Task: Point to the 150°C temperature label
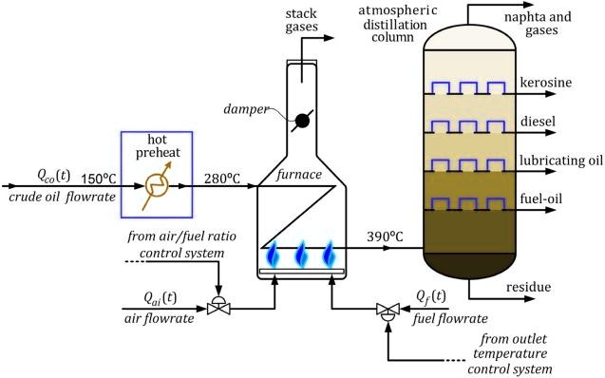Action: [x=99, y=176]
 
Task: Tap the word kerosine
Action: [x=546, y=83]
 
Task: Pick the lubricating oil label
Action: [x=560, y=160]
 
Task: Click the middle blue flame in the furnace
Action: [x=302, y=255]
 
